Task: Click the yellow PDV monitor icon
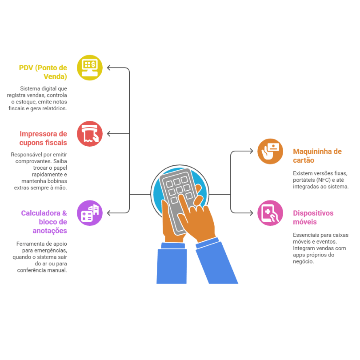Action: [90, 68]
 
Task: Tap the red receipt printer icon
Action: [90, 133]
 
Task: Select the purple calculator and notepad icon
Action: [90, 213]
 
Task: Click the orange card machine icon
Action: [270, 151]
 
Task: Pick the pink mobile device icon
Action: [270, 213]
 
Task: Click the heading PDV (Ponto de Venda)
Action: [44, 72]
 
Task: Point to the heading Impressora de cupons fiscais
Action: [44, 138]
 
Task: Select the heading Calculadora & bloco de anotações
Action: [44, 222]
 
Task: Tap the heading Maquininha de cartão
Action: [317, 156]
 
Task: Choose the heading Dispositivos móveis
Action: [313, 217]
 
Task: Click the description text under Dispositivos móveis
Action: [320, 248]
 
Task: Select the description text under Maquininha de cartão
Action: [320, 180]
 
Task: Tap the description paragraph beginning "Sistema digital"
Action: [38, 98]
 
